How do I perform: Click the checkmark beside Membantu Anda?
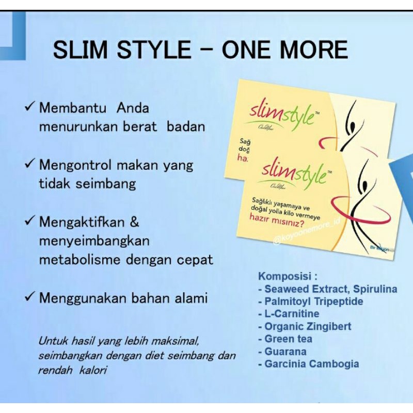coord(30,108)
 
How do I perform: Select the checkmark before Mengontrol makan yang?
coord(30,165)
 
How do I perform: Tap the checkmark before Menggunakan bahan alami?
coord(30,297)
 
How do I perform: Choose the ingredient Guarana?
coord(285,352)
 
